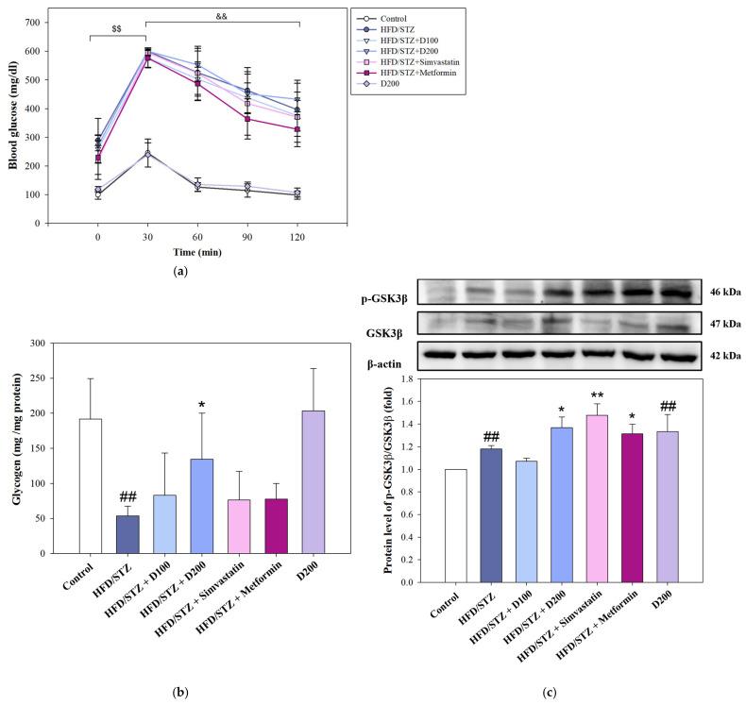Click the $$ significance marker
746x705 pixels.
coord(117,29)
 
